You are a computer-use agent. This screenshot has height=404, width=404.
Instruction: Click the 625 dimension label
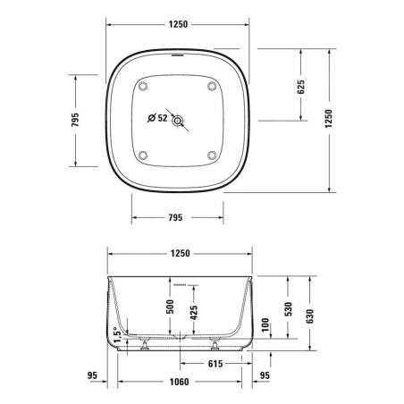301,86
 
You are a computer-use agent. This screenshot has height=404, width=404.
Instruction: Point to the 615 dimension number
215,363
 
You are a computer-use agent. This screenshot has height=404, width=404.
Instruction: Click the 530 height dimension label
287,307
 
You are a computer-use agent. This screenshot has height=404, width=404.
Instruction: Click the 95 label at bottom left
92,375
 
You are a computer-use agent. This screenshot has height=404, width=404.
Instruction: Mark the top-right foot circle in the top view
211,86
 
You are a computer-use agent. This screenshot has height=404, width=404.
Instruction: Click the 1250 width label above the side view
178,255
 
